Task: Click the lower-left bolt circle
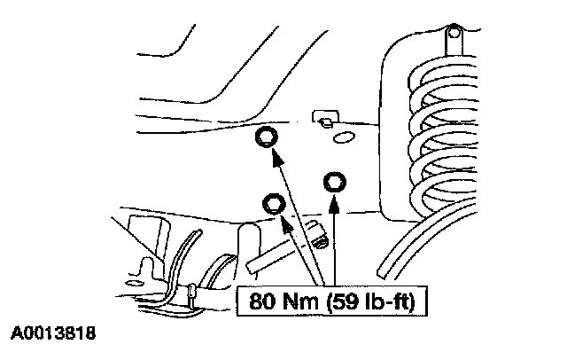coord(275,205)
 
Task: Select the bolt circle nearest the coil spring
coord(335,183)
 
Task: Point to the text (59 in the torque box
coord(338,301)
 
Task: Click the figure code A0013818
coord(53,335)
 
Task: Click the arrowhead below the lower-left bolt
coord(285,225)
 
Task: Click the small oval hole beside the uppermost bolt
coord(344,136)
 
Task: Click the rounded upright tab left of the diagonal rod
coord(248,239)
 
